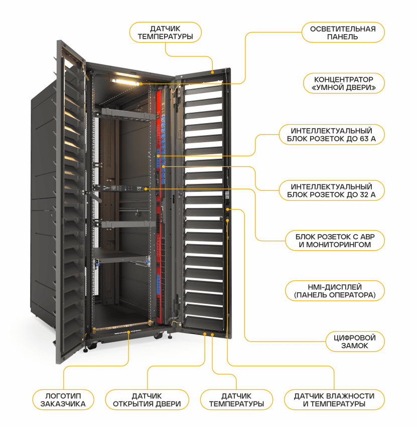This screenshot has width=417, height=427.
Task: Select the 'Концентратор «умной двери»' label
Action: coord(344,83)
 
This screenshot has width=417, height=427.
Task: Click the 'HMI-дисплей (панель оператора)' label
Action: coord(334,291)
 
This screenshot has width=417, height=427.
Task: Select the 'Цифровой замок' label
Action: coord(354,341)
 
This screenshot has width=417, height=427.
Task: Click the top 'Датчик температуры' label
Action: coord(165,33)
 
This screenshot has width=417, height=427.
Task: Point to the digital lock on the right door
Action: coord(228,210)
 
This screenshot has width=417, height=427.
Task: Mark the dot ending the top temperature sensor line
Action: coord(213,72)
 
